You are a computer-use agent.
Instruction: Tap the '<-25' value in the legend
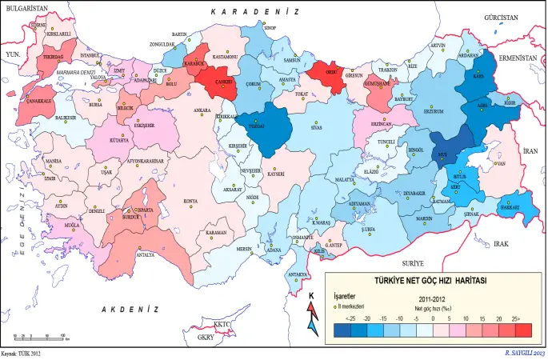tap(350, 318)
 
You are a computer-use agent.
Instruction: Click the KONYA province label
tap(190, 200)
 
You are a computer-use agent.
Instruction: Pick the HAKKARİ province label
tap(510, 207)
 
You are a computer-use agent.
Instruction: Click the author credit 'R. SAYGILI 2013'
tap(524, 353)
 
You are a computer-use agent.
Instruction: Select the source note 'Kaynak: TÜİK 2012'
tap(22, 353)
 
